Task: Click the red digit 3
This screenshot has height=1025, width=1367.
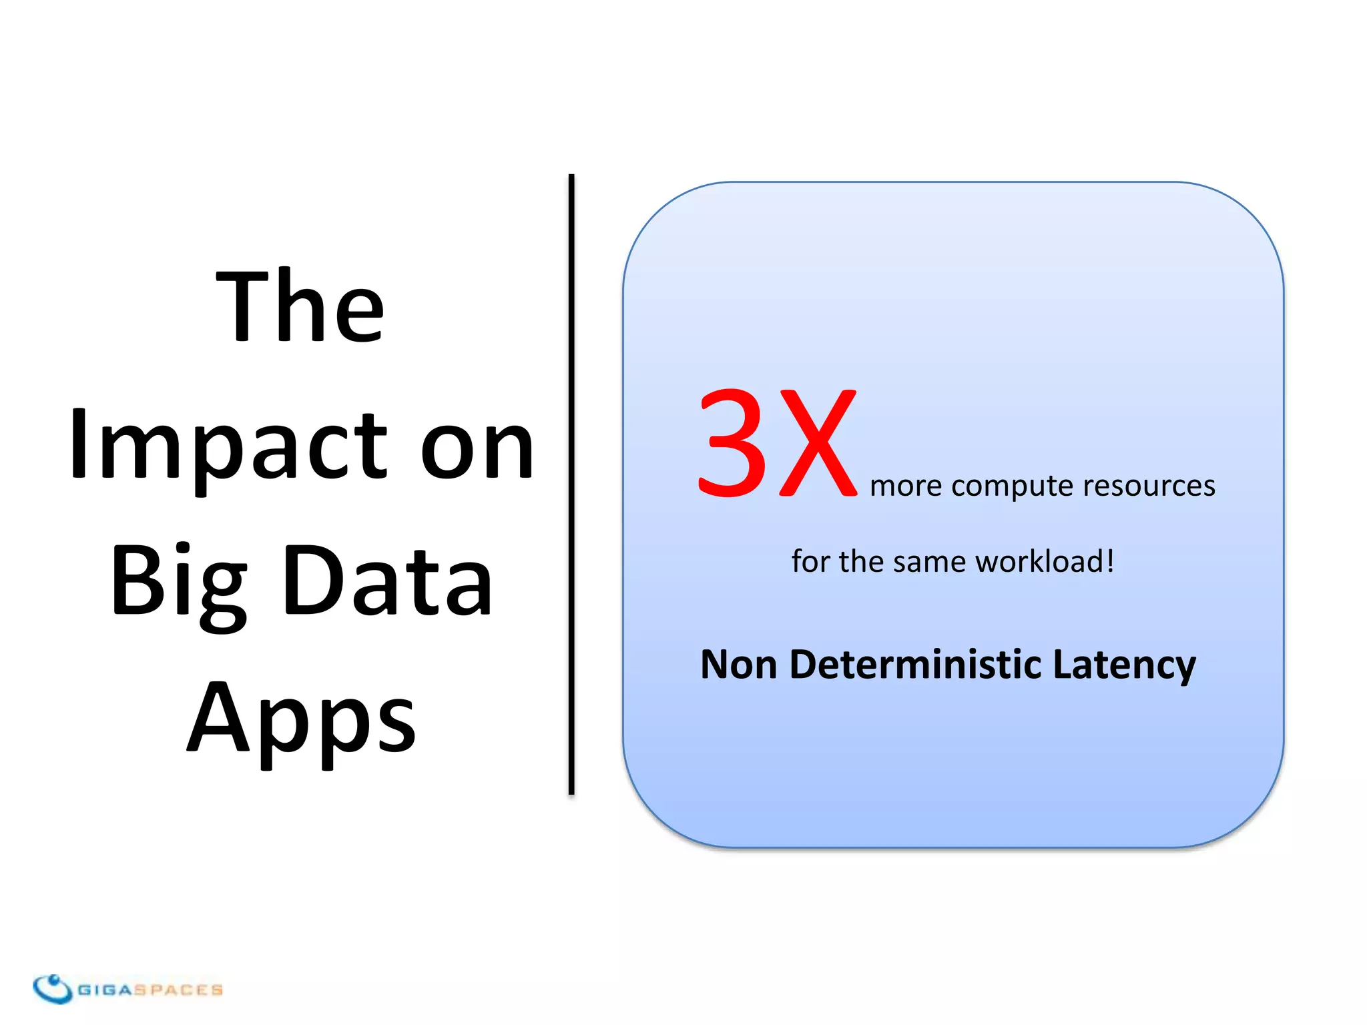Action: pyautogui.click(x=733, y=443)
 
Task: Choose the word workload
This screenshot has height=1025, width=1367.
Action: pyautogui.click(x=1045, y=561)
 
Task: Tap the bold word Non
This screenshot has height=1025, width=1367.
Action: pyautogui.click(x=739, y=665)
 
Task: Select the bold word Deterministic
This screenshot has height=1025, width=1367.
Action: pyautogui.click(x=915, y=665)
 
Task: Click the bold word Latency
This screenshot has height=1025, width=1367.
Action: pyautogui.click(x=1124, y=666)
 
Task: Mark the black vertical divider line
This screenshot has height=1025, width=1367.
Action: pyautogui.click(x=571, y=484)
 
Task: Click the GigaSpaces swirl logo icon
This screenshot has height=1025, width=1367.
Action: pyautogui.click(x=53, y=988)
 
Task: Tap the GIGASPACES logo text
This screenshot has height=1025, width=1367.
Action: pyautogui.click(x=150, y=990)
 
